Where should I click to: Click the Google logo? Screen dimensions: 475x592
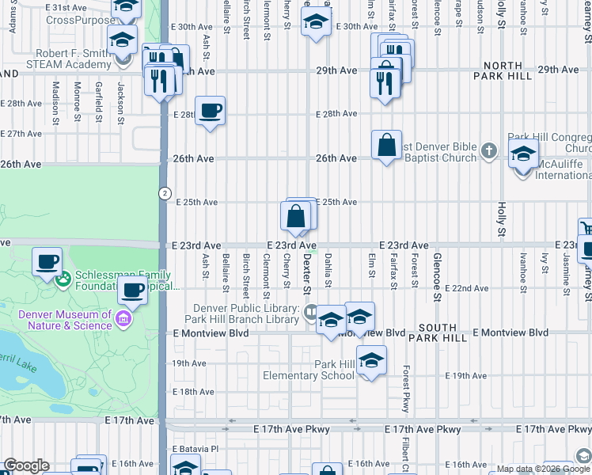click(26, 465)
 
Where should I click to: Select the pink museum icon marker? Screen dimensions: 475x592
click(123, 318)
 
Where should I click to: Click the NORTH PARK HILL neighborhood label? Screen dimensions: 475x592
click(498, 70)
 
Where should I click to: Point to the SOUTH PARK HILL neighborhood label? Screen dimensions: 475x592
click(438, 332)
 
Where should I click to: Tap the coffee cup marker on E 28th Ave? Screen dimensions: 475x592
click(210, 111)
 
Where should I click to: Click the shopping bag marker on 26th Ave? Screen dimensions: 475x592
click(386, 146)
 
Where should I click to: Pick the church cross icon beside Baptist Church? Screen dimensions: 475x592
click(489, 150)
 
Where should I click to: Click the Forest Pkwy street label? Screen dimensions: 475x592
click(404, 387)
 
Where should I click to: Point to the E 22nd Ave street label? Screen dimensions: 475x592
click(466, 288)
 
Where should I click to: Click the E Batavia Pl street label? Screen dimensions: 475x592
click(194, 449)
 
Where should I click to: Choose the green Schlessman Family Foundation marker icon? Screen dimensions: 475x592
click(63, 278)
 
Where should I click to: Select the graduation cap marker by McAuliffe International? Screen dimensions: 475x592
click(523, 154)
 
